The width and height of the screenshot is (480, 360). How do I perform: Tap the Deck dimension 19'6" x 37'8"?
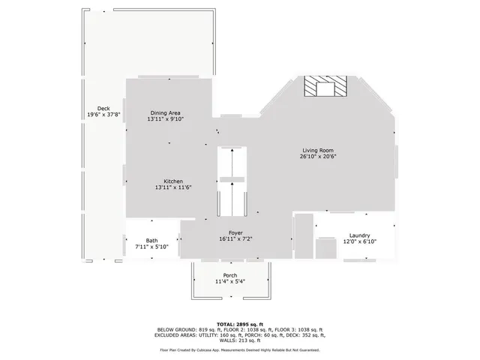click(104, 115)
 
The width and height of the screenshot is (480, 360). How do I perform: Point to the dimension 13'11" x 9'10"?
click(166, 119)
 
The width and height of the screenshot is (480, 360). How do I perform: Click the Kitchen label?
click(174, 181)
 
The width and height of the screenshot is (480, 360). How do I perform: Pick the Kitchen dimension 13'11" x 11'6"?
click(174, 187)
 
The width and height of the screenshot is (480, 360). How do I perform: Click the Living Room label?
click(318, 150)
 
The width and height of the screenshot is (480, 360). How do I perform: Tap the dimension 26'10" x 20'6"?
click(318, 157)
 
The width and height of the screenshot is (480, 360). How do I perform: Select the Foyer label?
click(235, 232)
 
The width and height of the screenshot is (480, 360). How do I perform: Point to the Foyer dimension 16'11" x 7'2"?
click(235, 239)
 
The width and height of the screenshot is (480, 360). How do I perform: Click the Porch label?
click(230, 274)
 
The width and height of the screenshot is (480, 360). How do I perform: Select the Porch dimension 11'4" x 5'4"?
click(230, 281)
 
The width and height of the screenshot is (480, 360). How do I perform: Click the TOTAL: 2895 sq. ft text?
click(240, 323)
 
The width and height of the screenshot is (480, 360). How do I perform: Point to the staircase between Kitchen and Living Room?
click(232, 180)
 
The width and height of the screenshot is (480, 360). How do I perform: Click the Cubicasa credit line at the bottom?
click(240, 349)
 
